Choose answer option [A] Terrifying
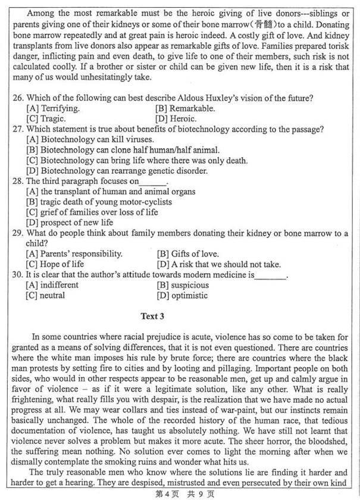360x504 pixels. click(53, 108)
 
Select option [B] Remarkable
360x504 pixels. click(185, 108)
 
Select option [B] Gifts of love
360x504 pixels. click(187, 253)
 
